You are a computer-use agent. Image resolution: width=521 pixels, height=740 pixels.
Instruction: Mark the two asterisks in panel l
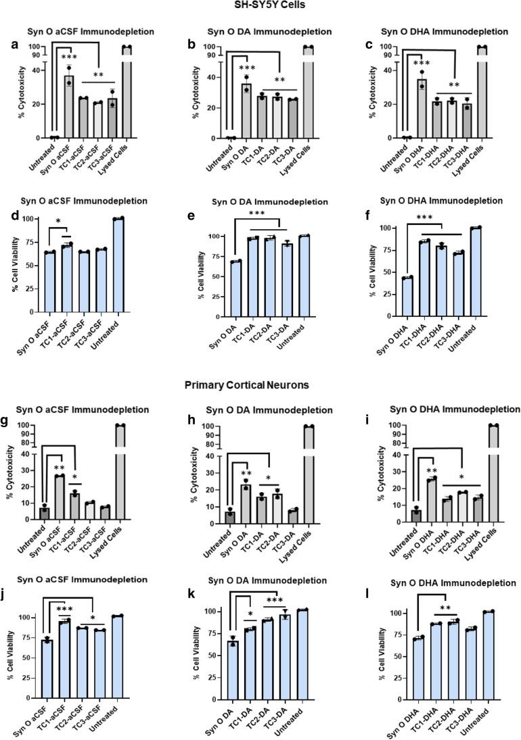(427, 599)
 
